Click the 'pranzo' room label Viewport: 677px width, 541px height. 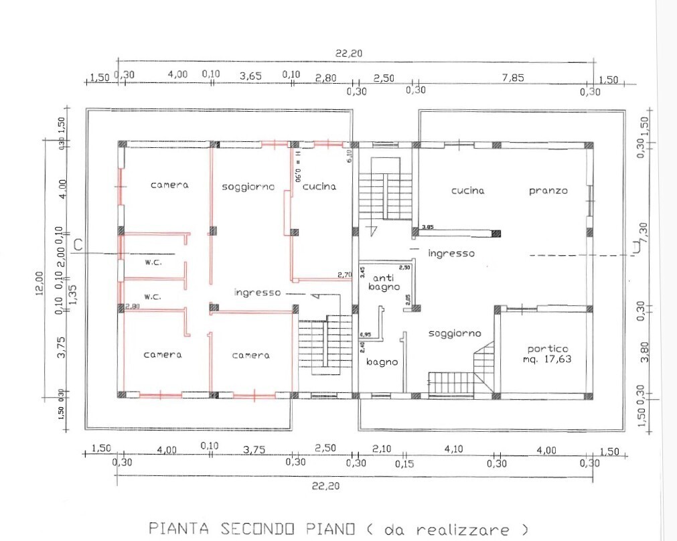[548, 191]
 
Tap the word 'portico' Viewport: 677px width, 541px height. [548, 349]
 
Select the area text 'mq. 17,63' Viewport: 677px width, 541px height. [548, 360]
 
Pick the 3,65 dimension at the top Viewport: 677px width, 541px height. [250, 76]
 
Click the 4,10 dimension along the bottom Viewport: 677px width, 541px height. [454, 450]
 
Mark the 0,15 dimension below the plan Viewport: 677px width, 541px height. [404, 462]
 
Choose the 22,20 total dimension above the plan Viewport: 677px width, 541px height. [346, 54]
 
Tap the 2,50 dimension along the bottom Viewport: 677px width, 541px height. [325, 450]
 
